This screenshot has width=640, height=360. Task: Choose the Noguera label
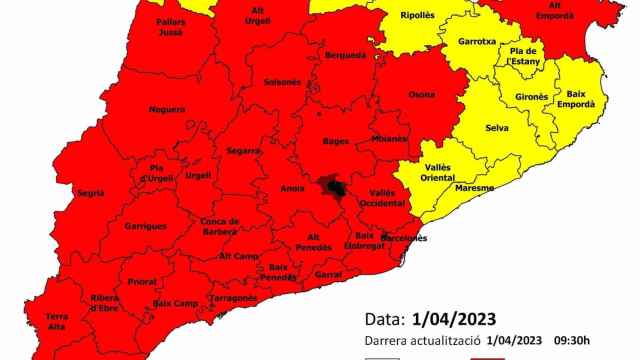tap(166, 108)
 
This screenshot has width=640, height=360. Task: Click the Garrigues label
tap(145, 226)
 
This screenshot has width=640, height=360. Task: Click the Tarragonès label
tap(233, 298)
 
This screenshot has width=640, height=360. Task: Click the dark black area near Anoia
tap(333, 187)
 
